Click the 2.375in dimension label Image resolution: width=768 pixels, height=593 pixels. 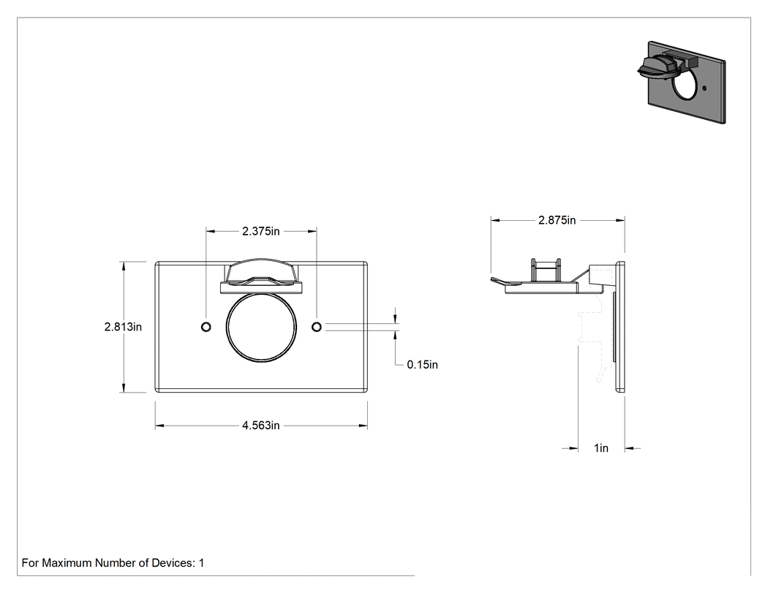click(260, 231)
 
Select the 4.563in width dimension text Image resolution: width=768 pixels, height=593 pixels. click(260, 426)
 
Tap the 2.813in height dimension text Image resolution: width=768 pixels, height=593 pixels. click(123, 327)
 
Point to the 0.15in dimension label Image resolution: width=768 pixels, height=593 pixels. click(422, 365)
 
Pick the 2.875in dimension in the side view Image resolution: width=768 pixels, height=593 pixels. click(557, 220)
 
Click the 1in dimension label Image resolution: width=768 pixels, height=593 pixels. click(601, 448)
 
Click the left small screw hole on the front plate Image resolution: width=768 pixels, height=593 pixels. click(206, 327)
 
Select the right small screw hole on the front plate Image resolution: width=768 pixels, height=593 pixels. click(317, 327)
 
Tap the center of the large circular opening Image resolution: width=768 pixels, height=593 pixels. click(262, 327)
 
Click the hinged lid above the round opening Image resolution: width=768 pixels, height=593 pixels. click(262, 276)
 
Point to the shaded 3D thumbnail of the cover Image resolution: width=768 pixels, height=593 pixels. click(681, 81)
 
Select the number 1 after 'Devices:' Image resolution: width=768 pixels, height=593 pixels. click(201, 563)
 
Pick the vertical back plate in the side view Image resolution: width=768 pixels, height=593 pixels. click(620, 327)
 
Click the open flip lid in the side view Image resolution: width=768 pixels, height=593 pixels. click(535, 282)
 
